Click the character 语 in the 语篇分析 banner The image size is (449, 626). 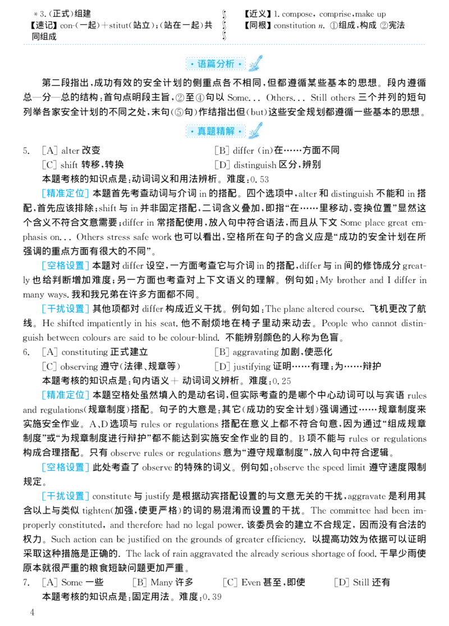tap(203, 64)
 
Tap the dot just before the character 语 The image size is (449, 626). tap(192, 65)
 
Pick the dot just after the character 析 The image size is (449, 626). tap(240, 65)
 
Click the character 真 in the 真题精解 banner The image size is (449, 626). tap(203, 131)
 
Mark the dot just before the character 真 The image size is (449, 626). tap(192, 132)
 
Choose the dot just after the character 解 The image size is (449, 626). tap(240, 132)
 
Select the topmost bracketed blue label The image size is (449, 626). tap(65, 194)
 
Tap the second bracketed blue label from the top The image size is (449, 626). tap(65, 267)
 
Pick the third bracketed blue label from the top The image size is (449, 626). tap(65, 308)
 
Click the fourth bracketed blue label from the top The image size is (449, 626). tap(65, 395)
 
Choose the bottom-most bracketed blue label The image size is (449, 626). tap(65, 496)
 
